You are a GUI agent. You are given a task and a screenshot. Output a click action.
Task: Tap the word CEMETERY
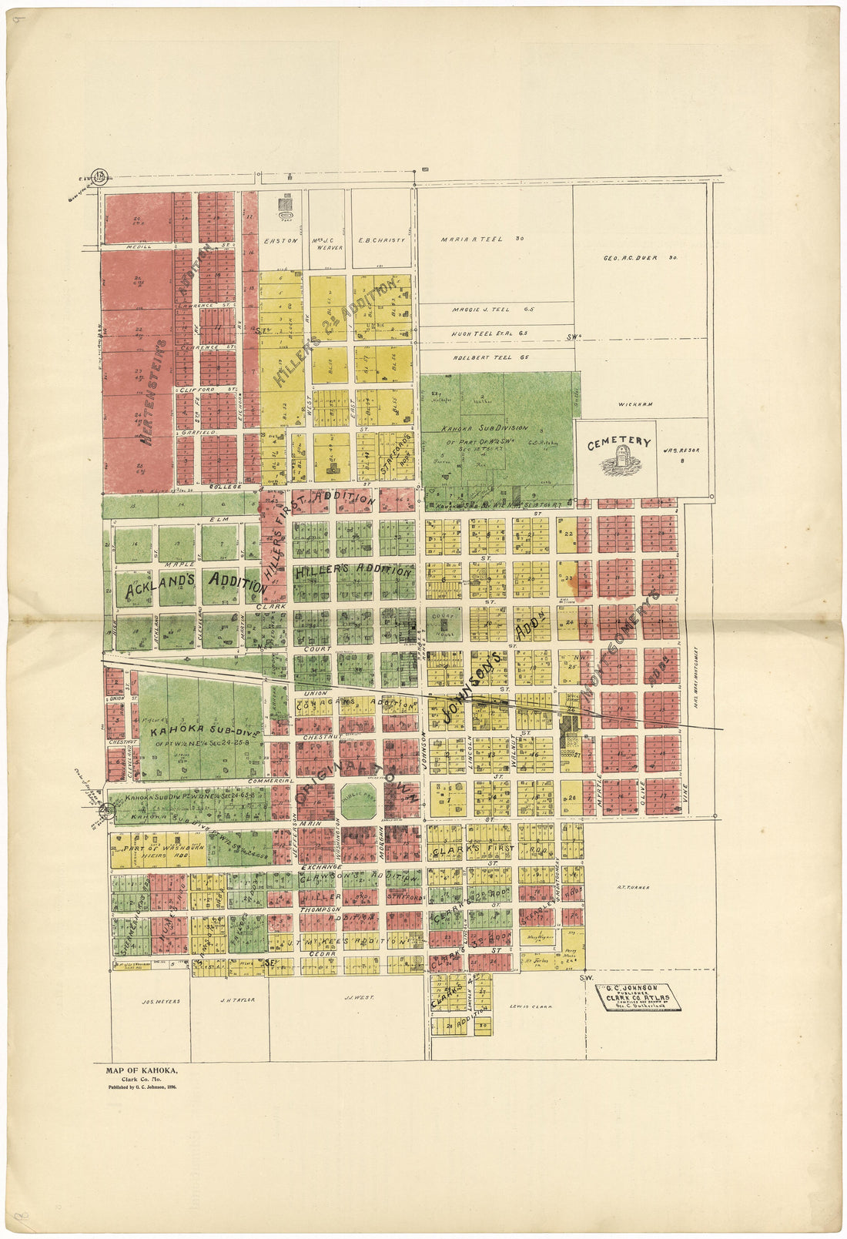618,444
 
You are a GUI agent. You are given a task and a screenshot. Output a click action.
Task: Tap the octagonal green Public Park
358,802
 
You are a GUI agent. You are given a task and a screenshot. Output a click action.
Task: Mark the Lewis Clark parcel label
531,1006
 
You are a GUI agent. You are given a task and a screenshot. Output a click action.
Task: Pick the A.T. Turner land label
634,887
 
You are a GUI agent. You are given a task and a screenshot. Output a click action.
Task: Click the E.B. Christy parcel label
382,240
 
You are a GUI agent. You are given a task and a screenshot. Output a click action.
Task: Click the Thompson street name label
320,909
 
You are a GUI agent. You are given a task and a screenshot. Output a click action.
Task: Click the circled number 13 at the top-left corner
99,176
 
